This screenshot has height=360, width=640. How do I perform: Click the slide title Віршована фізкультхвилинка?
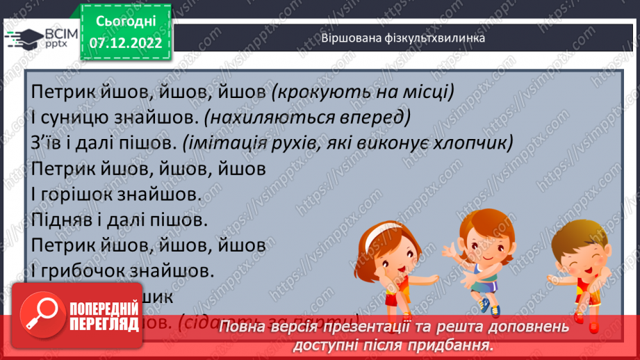(x=403, y=38)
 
